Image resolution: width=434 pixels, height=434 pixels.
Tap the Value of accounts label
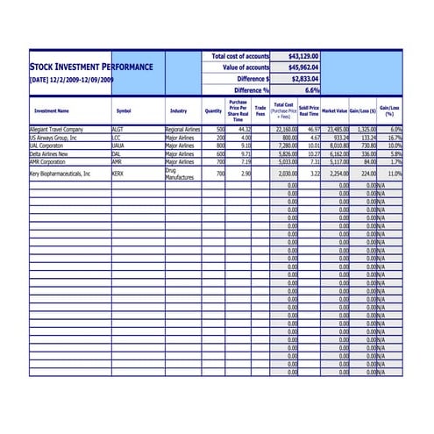245,68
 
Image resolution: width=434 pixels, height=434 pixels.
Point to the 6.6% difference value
312,90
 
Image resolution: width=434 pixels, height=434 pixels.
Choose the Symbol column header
124,111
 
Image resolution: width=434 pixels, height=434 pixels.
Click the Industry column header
179,111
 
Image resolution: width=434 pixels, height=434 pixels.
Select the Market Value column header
334,111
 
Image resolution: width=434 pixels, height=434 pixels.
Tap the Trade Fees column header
260,111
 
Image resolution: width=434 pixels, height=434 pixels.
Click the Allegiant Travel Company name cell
56,129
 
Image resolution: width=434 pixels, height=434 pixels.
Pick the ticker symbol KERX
118,174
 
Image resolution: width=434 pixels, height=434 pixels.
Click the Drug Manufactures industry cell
179,174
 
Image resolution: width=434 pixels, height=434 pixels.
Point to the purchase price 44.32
243,129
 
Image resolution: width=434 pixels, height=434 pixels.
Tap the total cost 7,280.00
288,146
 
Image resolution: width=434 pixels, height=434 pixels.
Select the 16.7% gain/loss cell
394,138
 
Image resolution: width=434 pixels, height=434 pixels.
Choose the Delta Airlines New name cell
49,153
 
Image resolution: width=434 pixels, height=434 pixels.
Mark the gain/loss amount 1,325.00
366,129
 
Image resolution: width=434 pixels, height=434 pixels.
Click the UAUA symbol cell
118,146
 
